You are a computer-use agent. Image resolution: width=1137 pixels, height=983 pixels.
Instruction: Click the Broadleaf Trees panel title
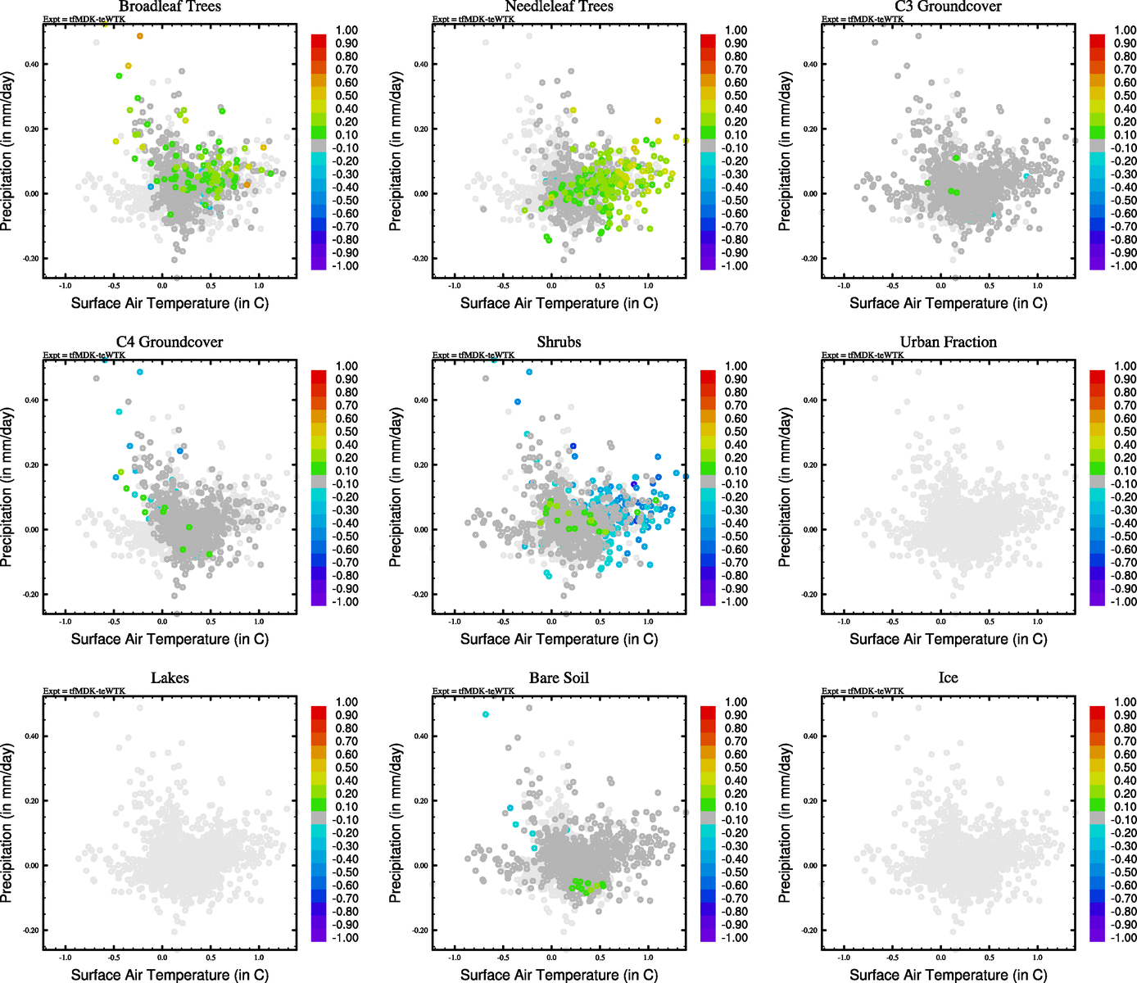(x=170, y=7)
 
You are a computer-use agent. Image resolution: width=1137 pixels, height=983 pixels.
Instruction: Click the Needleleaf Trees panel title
(x=559, y=7)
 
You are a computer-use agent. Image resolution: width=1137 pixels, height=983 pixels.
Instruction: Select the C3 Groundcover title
(x=948, y=7)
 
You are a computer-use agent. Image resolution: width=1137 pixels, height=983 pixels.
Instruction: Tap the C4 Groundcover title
(x=170, y=342)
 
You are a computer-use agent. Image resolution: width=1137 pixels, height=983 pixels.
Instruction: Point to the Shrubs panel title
(x=559, y=342)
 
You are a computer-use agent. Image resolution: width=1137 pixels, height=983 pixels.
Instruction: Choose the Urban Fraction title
(x=948, y=342)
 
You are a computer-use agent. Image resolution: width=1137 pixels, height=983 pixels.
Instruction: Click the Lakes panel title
(x=170, y=678)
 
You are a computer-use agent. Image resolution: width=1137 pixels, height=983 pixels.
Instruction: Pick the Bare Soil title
(x=559, y=678)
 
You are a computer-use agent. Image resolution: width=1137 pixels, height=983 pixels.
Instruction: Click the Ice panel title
(x=948, y=678)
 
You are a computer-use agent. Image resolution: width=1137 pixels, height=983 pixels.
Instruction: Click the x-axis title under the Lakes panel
(x=170, y=975)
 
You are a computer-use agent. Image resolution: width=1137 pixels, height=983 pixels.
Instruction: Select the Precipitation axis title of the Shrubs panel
(x=396, y=487)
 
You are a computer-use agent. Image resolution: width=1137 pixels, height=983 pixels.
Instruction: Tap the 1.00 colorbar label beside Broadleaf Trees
(x=347, y=30)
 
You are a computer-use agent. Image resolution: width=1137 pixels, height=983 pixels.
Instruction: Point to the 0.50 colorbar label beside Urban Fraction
(x=1125, y=432)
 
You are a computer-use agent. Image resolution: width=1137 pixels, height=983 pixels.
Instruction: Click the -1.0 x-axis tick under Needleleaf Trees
(x=454, y=286)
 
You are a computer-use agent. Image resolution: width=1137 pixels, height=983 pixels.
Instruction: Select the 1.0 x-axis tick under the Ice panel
(x=1038, y=958)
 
